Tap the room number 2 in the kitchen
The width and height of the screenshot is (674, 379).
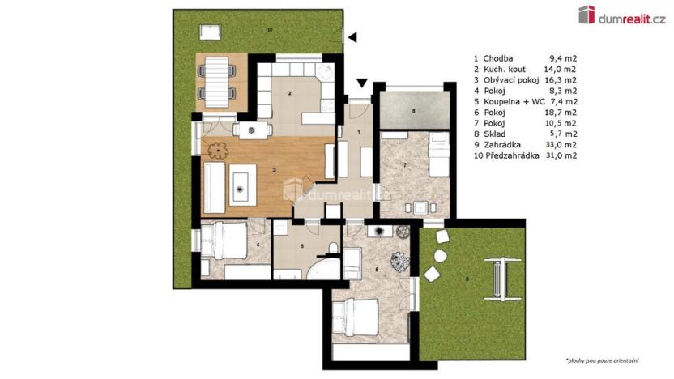point(289,93)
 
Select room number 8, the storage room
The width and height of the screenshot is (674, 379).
point(413,110)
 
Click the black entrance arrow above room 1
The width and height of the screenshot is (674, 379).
point(360,82)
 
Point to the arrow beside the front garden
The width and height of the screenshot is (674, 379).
point(351,35)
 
